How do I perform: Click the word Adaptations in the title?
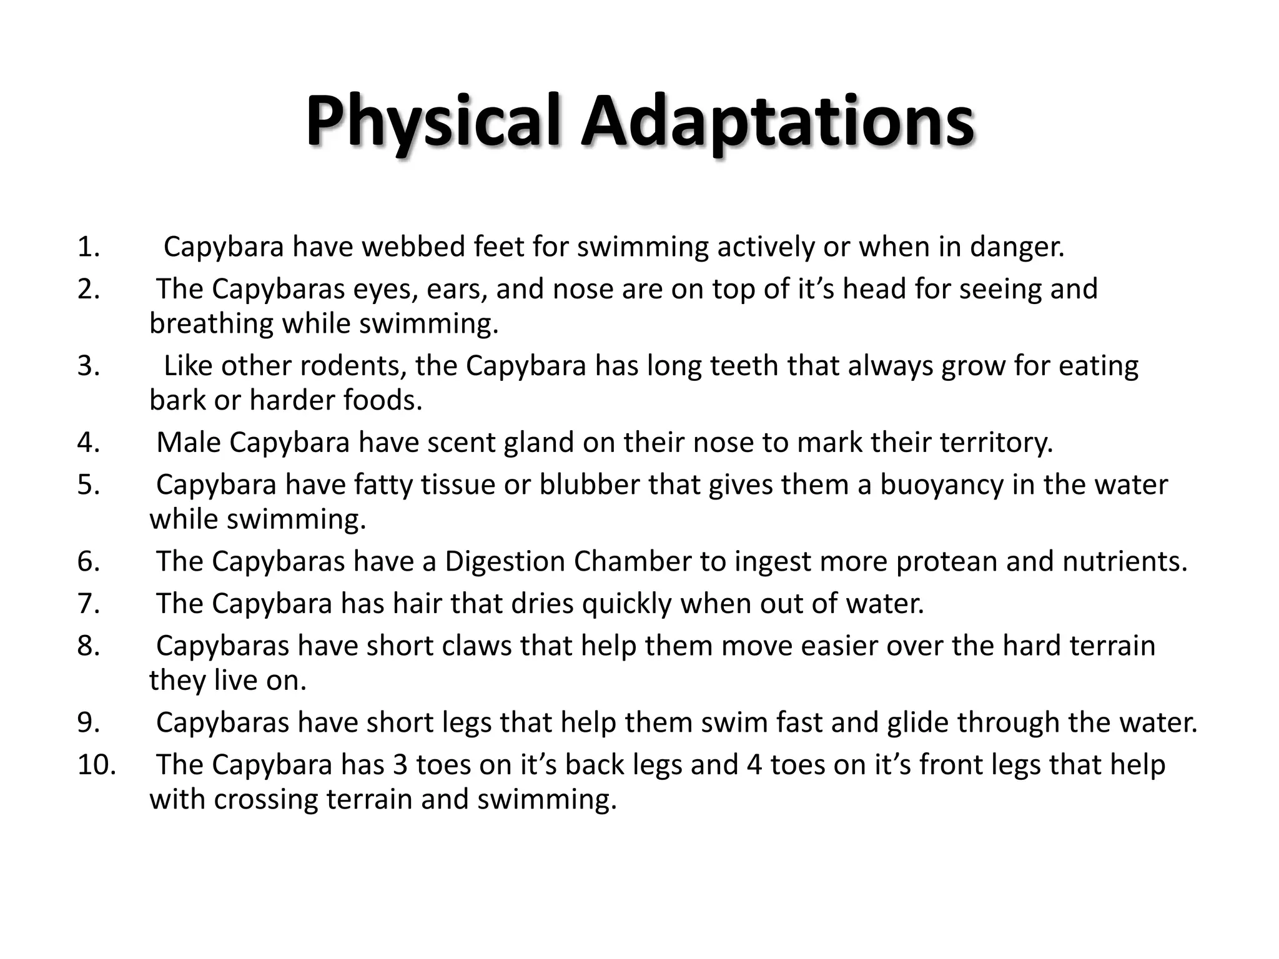[x=777, y=122]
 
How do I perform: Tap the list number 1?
[x=88, y=247]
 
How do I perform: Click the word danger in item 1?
[x=1017, y=247]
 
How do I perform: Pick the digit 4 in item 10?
[x=754, y=765]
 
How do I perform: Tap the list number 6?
[x=88, y=561]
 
